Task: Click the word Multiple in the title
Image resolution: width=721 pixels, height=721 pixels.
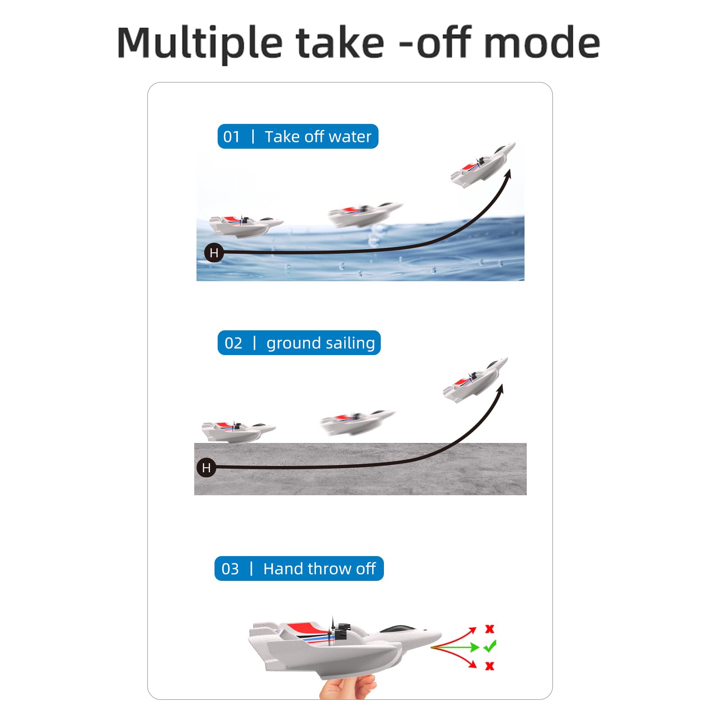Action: coord(200,43)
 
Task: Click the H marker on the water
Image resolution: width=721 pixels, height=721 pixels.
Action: coord(214,253)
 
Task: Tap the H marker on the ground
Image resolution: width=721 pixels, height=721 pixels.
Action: coord(206,468)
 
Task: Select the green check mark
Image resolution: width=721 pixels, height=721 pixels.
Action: coord(490,646)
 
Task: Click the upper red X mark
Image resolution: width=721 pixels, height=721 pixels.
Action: coord(490,629)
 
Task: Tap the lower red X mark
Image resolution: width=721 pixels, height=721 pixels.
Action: coord(490,666)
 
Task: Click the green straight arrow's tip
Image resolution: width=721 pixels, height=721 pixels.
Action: coord(479,648)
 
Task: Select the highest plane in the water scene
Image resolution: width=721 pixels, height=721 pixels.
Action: coord(483,164)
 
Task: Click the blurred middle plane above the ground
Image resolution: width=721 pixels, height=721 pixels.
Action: coord(358,422)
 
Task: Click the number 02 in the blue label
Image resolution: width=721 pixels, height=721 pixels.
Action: coord(233,343)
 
